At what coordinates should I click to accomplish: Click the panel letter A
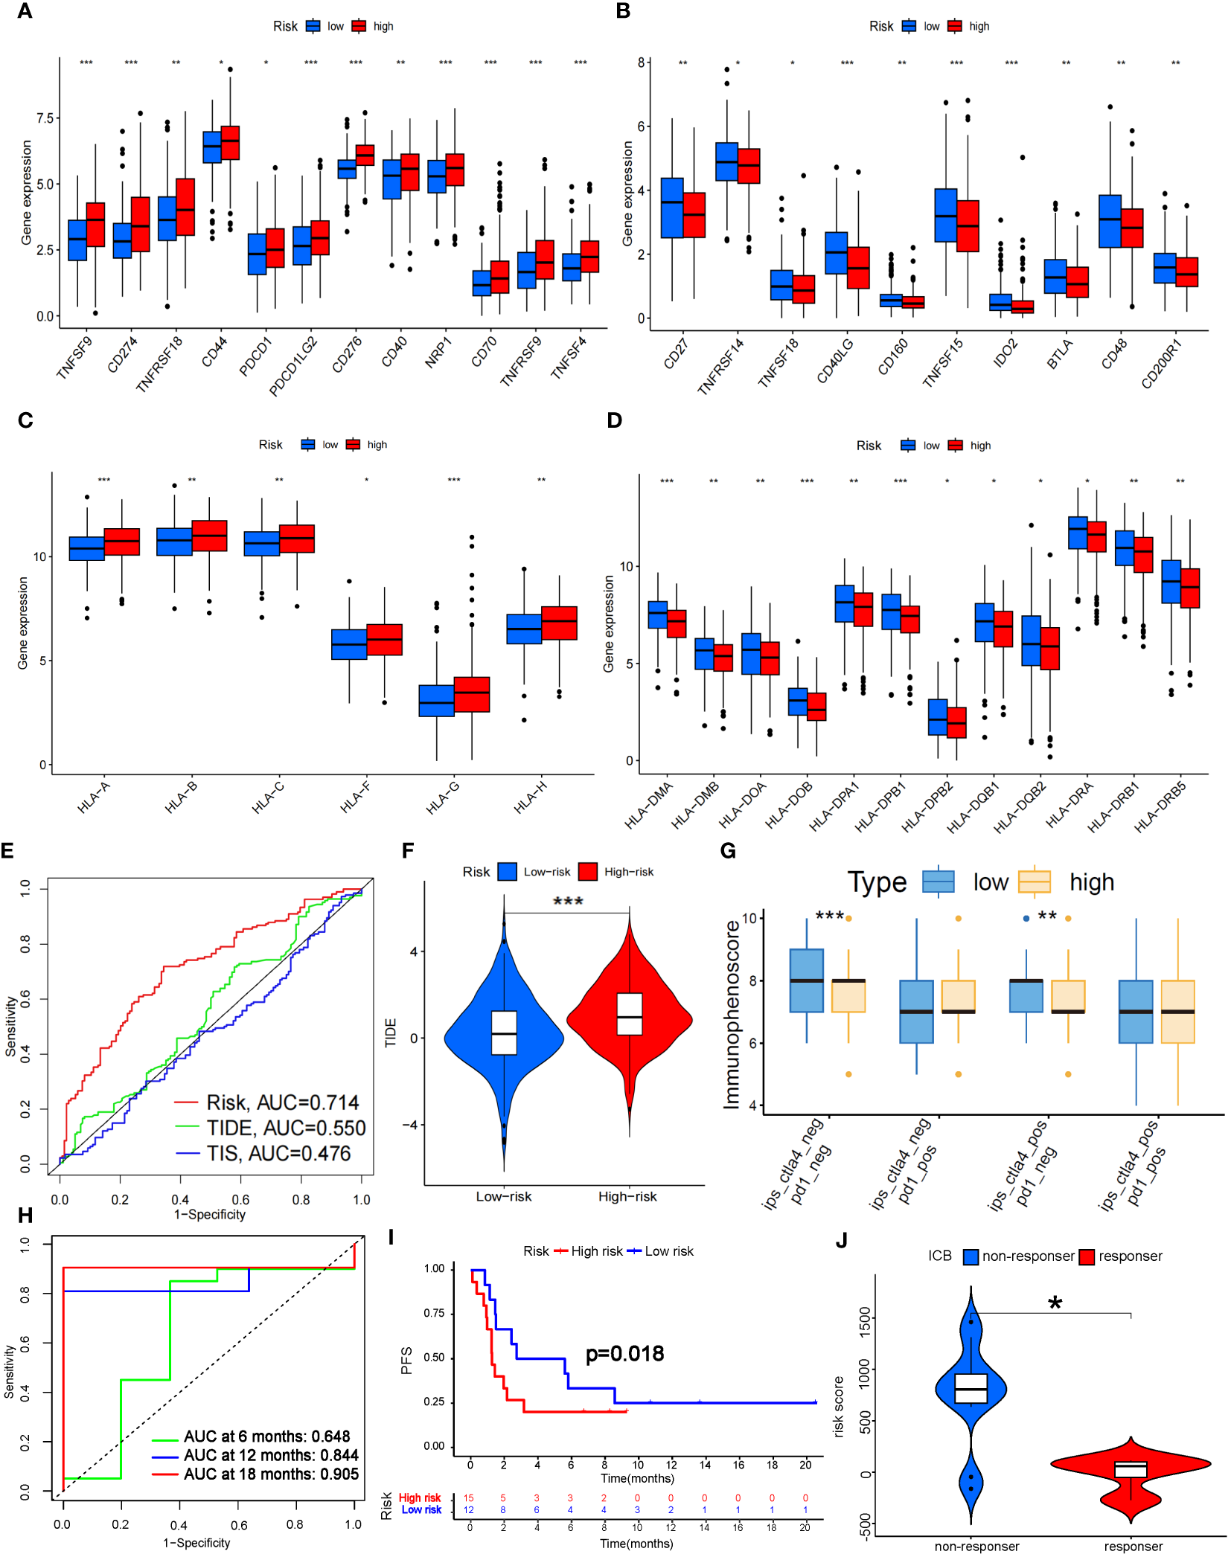coord(25,12)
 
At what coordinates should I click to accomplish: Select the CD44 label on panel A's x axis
coord(214,352)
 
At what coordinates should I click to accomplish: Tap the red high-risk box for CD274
coord(140,224)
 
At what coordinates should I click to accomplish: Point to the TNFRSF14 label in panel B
coord(720,365)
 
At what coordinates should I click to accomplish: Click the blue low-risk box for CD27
coord(672,208)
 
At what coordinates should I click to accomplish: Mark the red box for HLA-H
coord(559,623)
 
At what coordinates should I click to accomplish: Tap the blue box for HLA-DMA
coord(657,614)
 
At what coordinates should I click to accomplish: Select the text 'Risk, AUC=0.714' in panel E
coord(282,1102)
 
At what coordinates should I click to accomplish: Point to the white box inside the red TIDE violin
coord(630,1013)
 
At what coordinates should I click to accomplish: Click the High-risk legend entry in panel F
coord(628,872)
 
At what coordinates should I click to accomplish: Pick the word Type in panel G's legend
coord(877,882)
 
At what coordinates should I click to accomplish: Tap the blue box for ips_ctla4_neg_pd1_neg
coord(806,980)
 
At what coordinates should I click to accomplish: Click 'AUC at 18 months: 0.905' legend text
coord(271,1474)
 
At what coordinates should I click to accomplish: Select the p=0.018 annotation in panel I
coord(624,1353)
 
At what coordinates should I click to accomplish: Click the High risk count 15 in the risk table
coord(469,1497)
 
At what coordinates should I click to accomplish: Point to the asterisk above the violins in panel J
coord(1055,1304)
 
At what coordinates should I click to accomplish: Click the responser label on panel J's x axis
coord(1133,1546)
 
